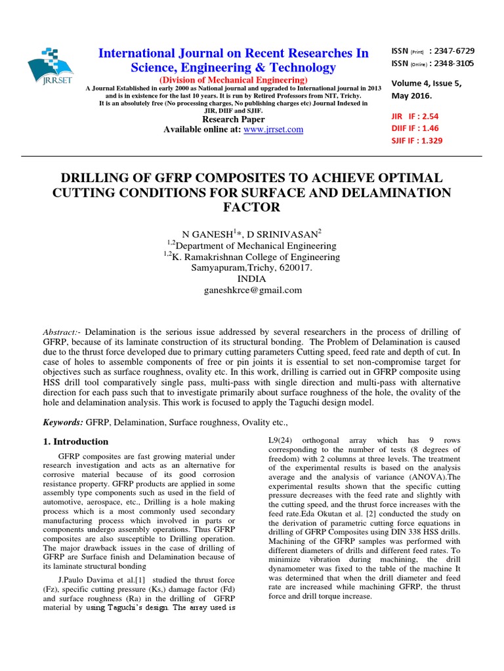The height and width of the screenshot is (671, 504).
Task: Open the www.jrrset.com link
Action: [x=273, y=130]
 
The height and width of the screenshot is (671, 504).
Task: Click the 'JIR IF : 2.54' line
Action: [x=415, y=115]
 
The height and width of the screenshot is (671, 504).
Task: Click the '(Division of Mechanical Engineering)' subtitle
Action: [x=234, y=80]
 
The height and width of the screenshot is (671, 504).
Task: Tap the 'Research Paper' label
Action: [x=234, y=119]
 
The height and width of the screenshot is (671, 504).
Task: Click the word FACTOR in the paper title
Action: [x=252, y=208]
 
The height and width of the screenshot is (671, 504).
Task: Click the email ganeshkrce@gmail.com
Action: [x=252, y=290]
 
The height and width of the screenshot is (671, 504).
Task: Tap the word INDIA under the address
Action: [x=252, y=278]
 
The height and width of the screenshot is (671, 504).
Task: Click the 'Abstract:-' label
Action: [x=62, y=332]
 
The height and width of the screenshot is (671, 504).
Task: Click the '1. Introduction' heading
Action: [x=75, y=442]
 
